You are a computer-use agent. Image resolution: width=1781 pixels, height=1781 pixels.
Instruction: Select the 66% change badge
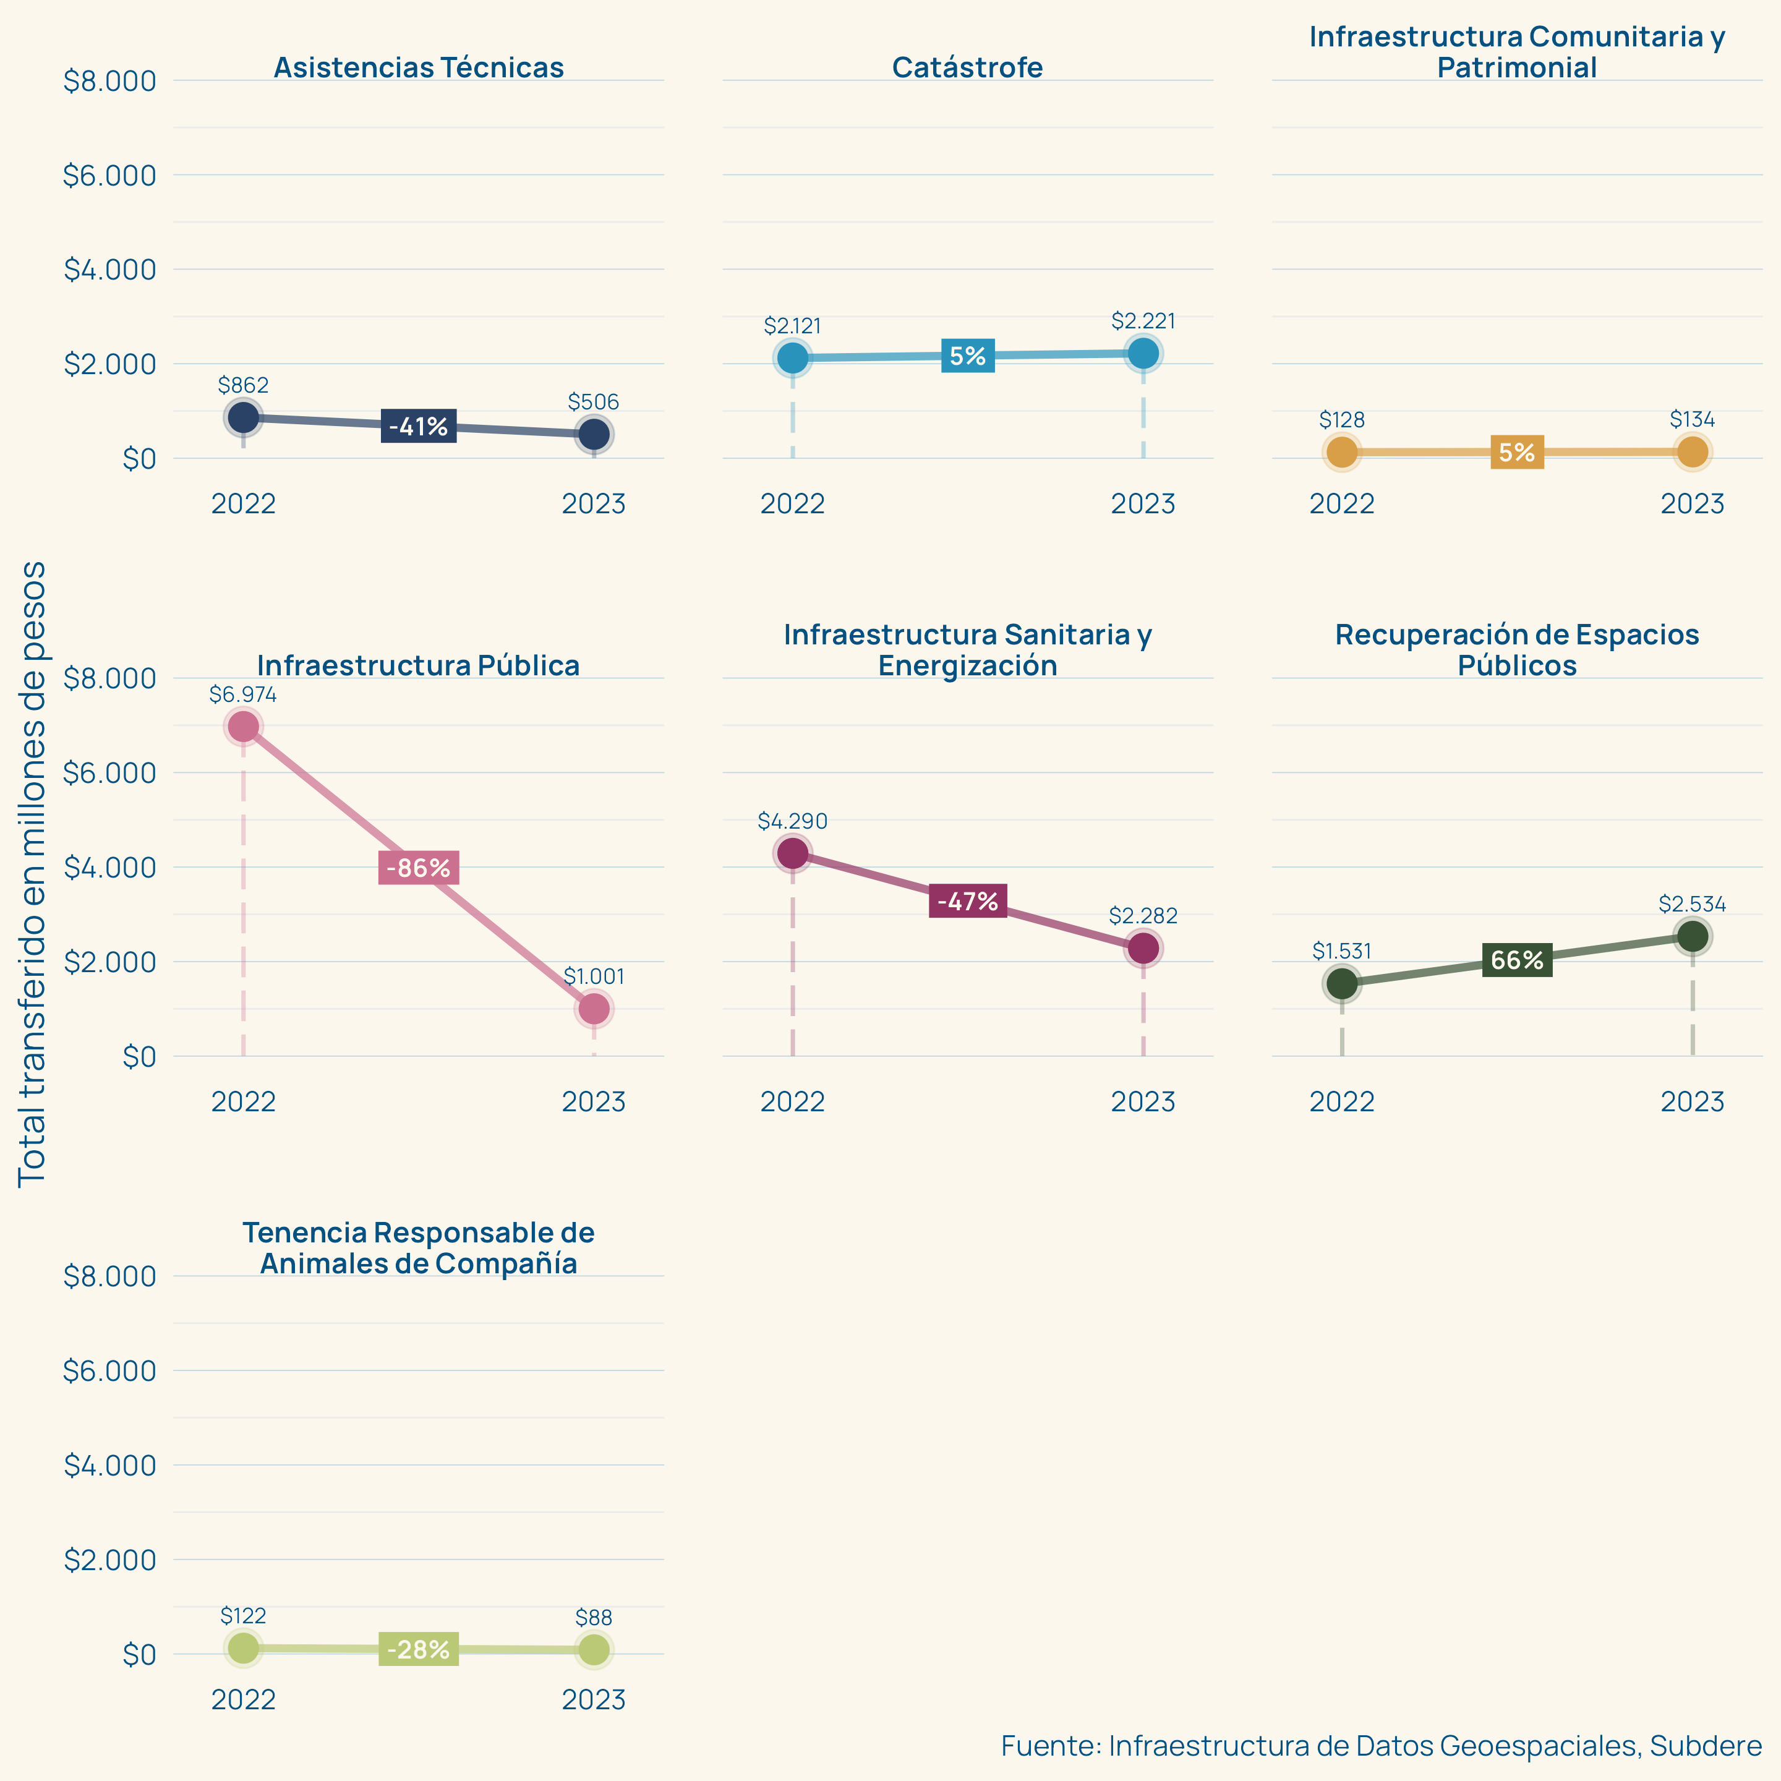pyautogui.click(x=1516, y=960)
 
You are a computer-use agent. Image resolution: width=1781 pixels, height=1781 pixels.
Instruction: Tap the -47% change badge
pyautogui.click(x=967, y=900)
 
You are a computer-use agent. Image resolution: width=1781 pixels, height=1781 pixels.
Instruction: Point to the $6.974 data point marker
pyautogui.click(x=244, y=727)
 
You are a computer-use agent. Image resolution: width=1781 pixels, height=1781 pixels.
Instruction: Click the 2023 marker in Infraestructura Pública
pyautogui.click(x=594, y=1009)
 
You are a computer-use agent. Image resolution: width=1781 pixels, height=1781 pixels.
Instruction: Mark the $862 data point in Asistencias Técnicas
pyautogui.click(x=244, y=417)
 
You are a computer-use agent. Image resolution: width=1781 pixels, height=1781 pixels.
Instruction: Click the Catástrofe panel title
pyautogui.click(x=967, y=67)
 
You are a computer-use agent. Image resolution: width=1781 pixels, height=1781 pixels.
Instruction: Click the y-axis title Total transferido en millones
pyautogui.click(x=32, y=873)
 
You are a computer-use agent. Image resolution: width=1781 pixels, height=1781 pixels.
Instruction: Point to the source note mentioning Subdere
pyautogui.click(x=1381, y=1745)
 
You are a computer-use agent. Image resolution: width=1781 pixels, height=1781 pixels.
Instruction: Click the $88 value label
pyautogui.click(x=594, y=1617)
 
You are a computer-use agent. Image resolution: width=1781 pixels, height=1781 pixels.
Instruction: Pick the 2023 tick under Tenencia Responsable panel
pyautogui.click(x=594, y=1699)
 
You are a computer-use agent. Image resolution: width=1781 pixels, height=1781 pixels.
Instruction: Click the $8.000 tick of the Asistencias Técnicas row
pyautogui.click(x=109, y=81)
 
